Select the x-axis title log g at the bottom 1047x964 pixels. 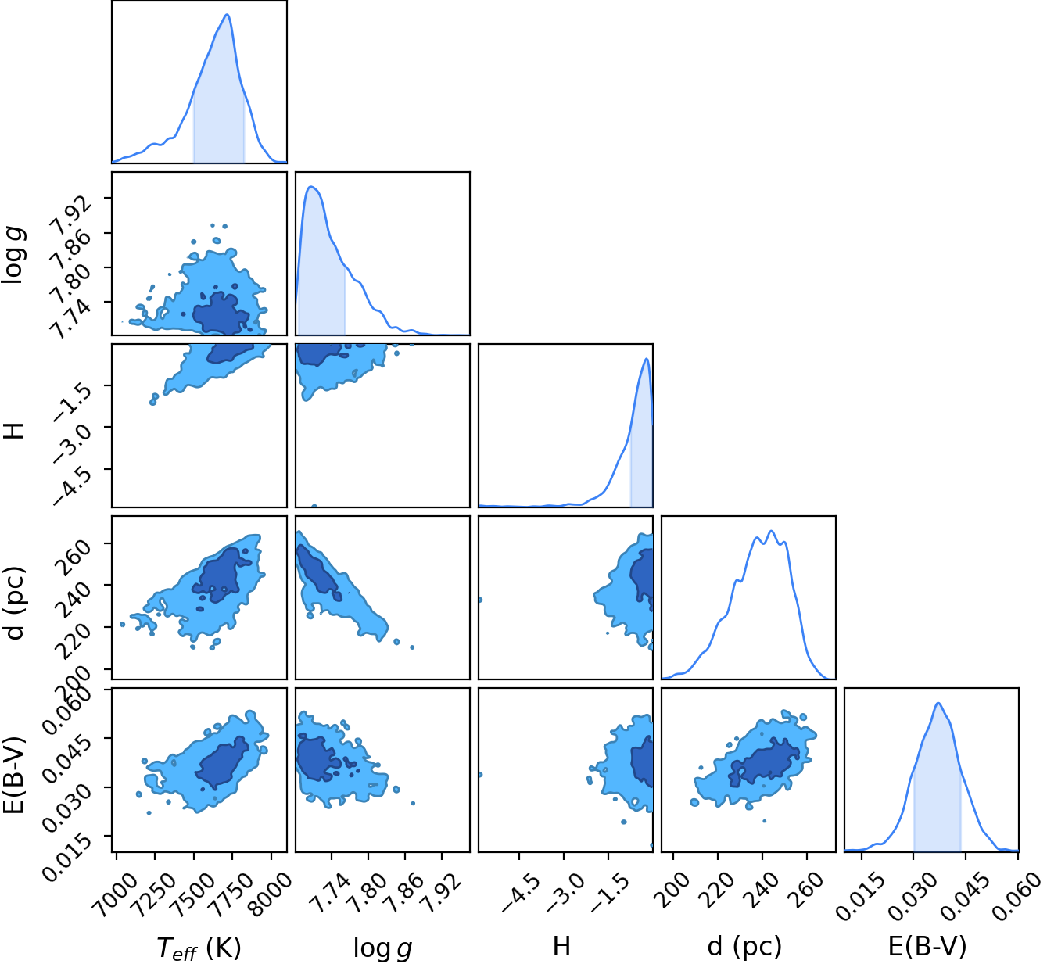382,947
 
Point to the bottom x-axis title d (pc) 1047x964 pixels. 744,946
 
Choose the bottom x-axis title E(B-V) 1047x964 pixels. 927,946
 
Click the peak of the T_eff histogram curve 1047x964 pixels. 227,14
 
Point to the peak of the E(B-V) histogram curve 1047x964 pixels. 938,703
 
